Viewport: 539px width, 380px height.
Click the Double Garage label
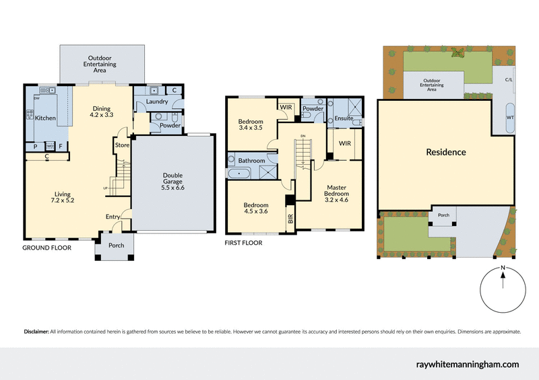tap(172, 181)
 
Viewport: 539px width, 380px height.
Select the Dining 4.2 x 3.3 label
tap(102, 112)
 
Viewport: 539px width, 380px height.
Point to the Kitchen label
tap(46, 118)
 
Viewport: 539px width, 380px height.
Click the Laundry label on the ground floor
tap(156, 102)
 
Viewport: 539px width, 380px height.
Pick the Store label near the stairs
tap(122, 145)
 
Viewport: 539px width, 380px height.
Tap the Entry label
tap(113, 217)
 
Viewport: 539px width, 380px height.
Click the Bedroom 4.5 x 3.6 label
tap(256, 209)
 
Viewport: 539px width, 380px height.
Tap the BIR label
tap(290, 219)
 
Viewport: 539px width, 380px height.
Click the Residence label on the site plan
tap(445, 152)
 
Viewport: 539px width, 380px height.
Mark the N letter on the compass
tap(503, 268)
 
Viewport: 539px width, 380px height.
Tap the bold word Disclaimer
tap(36, 332)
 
